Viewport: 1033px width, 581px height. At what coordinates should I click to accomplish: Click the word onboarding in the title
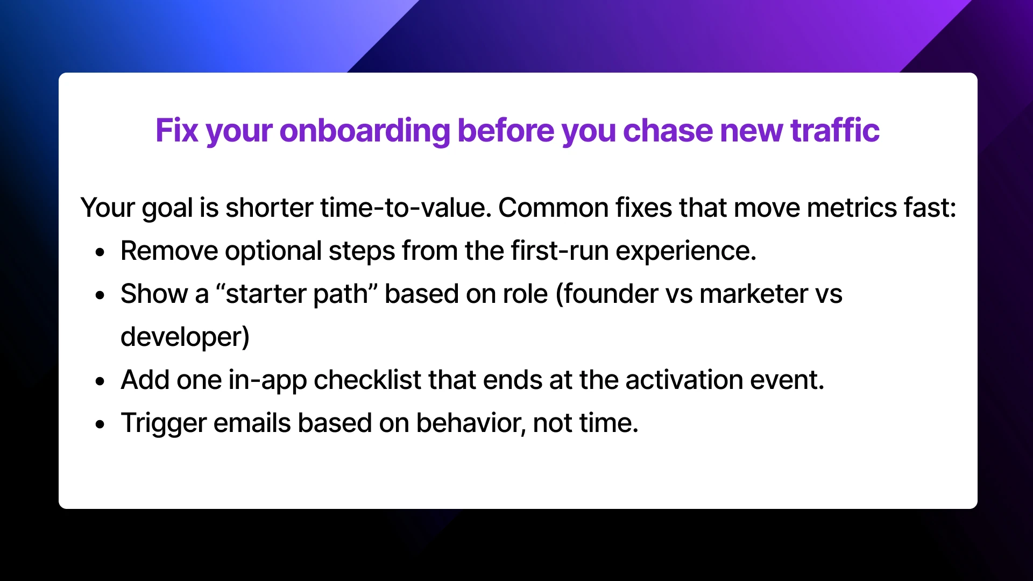[364, 131]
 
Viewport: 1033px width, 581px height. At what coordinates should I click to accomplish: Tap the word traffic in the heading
[834, 131]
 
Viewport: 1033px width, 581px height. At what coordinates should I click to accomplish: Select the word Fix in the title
[176, 131]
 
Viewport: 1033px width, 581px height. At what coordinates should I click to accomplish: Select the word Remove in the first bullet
[169, 251]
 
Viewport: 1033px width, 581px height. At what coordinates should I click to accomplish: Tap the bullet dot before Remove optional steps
[100, 252]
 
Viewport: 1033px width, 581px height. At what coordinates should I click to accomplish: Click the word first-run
[560, 251]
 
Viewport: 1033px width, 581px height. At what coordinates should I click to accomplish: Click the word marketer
[754, 294]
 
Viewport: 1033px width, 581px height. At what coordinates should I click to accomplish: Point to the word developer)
[185, 337]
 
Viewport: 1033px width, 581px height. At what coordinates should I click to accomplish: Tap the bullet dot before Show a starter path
[100, 295]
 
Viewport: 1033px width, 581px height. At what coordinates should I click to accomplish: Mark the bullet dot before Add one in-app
[100, 381]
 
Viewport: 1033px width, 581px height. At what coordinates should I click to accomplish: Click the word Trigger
[164, 423]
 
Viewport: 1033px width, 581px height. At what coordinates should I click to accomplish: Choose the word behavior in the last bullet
[470, 423]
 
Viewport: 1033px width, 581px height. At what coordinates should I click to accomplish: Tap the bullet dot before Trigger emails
[100, 424]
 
